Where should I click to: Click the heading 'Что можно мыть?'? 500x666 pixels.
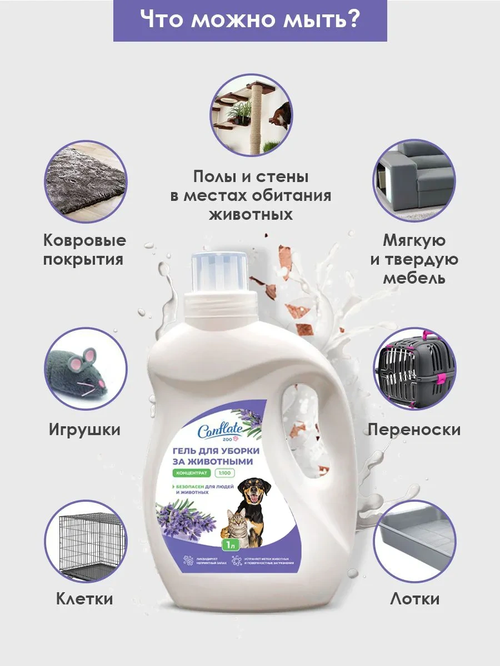250,20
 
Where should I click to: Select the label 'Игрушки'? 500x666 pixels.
84,430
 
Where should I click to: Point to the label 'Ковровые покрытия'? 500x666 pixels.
84,250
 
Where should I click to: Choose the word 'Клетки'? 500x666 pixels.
84,599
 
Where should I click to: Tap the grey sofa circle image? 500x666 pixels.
414,180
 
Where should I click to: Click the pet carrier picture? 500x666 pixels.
414,369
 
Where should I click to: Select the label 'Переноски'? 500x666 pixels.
414,430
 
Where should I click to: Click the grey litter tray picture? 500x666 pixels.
414,540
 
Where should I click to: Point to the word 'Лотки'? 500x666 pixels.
414,599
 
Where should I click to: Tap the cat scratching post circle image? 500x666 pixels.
251,115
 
